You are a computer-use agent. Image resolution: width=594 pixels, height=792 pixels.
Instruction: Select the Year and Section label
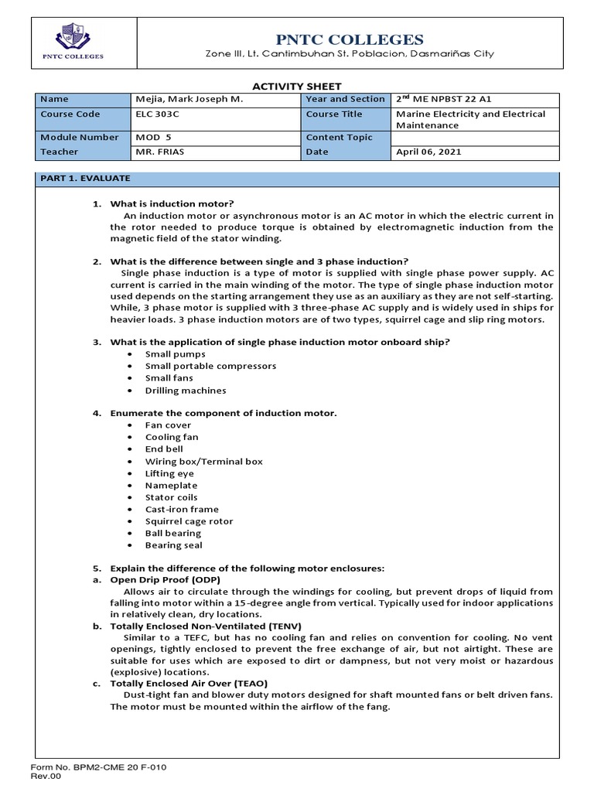[345, 99]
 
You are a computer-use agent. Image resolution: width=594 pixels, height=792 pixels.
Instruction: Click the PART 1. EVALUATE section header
[85, 179]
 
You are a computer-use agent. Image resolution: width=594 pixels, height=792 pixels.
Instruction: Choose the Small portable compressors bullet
[210, 366]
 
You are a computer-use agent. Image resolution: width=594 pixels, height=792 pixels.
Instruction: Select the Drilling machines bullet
[186, 391]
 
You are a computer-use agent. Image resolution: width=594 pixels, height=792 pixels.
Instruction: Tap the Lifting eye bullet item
[169, 473]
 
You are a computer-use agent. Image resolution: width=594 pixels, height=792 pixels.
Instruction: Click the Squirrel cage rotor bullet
[189, 521]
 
